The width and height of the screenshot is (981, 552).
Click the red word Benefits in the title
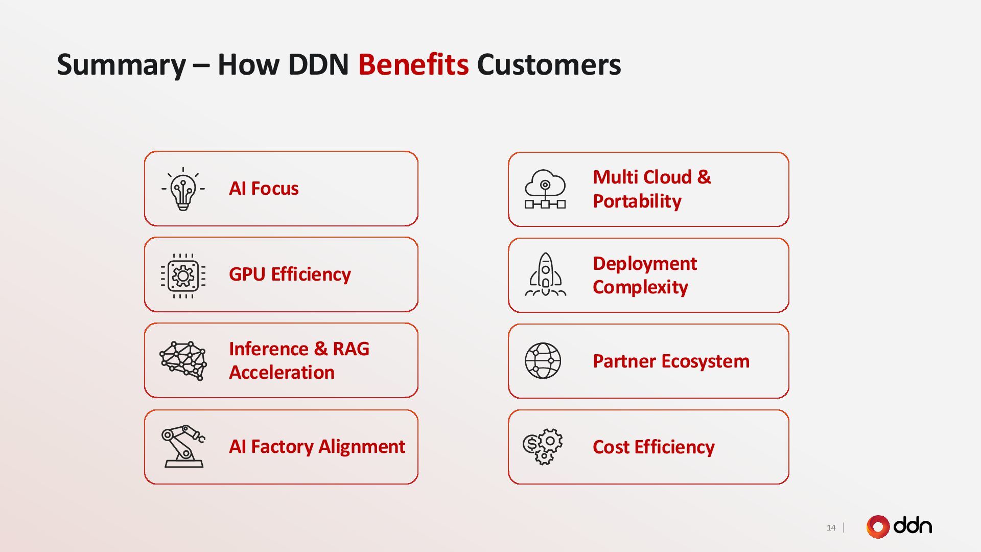413,65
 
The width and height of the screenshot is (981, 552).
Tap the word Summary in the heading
121,65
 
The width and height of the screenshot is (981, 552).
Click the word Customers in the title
549,65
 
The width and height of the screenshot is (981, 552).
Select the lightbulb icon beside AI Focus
183,189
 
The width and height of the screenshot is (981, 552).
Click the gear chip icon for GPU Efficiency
183,276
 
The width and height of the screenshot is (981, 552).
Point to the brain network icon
183,360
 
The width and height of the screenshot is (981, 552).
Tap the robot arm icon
183,446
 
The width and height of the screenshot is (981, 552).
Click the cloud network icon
545,189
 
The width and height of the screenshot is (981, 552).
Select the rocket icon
545,275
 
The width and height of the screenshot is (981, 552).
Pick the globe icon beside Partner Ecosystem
543,360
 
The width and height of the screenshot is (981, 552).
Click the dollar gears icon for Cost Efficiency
543,446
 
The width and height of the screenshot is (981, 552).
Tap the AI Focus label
264,189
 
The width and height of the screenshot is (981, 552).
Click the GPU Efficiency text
290,274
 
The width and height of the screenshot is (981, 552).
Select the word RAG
351,349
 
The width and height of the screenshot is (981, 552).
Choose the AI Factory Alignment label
317,447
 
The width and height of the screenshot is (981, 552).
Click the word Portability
637,201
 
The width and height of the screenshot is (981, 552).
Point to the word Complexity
640,287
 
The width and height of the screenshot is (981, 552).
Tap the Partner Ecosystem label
671,361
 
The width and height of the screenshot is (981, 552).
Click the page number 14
831,527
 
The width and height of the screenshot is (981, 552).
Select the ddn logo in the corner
899,526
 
